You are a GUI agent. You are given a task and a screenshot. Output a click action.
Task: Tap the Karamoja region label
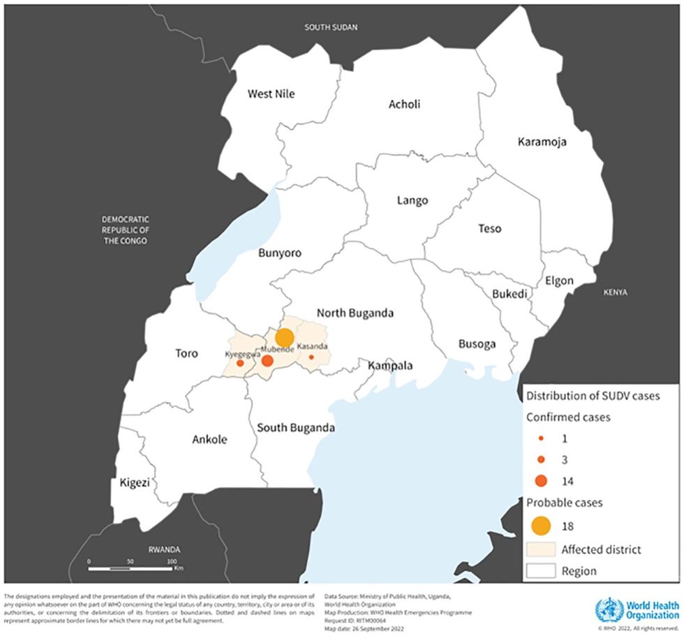pos(542,142)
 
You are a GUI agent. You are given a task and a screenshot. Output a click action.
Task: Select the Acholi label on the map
pos(404,105)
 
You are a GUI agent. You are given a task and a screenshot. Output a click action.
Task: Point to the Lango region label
pos(412,200)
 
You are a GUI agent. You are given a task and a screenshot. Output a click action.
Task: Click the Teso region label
pos(489,228)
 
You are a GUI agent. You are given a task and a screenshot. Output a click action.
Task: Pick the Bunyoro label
pos(279,253)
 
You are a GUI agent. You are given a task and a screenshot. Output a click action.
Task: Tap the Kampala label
pos(386,365)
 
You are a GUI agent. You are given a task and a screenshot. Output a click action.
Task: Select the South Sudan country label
pos(331,28)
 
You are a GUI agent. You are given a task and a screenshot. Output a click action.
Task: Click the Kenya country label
pos(616,292)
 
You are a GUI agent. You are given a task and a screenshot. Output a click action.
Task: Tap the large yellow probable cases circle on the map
pos(284,337)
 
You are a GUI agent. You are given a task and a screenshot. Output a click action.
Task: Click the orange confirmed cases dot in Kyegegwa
pos(240,363)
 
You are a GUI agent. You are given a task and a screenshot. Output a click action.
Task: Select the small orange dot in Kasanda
pos(311,357)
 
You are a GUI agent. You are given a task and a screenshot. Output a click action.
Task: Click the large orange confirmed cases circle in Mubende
pos(267,361)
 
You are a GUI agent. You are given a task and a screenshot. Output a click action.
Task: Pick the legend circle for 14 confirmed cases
pos(542,480)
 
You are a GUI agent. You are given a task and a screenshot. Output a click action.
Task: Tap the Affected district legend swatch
pos(541,549)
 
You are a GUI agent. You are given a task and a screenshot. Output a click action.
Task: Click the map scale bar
pos(130,569)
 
